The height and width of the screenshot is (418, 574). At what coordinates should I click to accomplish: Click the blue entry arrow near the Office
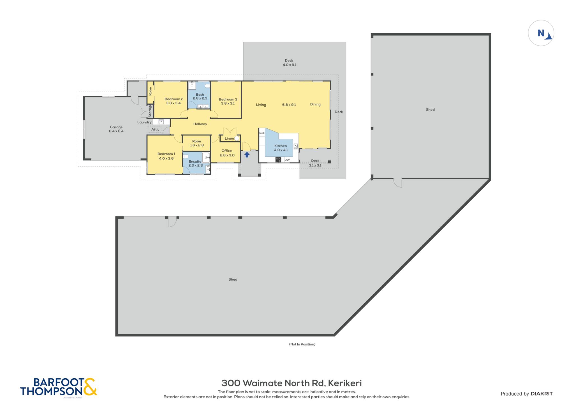coord(247,154)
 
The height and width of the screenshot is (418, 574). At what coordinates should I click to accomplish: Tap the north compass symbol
coord(541,33)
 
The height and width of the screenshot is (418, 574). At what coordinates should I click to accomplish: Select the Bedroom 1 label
coord(166,154)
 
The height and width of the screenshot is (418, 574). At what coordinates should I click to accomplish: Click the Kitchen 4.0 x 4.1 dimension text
coord(281,150)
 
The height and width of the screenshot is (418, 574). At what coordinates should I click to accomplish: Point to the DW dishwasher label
coord(287,160)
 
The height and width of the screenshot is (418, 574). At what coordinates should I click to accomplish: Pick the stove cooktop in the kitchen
coord(278,159)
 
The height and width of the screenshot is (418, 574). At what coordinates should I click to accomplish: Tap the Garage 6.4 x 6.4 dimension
coord(116,131)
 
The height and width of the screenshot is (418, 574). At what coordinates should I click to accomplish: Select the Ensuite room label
coord(195,161)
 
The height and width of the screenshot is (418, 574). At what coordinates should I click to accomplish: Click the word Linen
coord(229,138)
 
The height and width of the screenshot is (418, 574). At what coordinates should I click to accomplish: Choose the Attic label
coord(155,130)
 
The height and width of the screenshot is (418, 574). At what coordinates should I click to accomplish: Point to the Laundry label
coord(144,122)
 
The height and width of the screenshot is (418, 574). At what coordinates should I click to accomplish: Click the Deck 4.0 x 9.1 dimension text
coord(290,65)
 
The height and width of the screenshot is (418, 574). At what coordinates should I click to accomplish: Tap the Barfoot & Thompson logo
coord(59,387)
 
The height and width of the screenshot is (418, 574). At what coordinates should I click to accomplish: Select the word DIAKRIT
coord(542,394)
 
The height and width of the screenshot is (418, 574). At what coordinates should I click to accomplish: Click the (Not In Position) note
coord(302,344)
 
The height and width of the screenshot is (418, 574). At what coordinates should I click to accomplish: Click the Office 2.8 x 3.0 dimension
coord(227,155)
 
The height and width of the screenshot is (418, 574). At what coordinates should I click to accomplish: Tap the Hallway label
coord(200,124)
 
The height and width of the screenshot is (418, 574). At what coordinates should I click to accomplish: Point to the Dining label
coord(315,104)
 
